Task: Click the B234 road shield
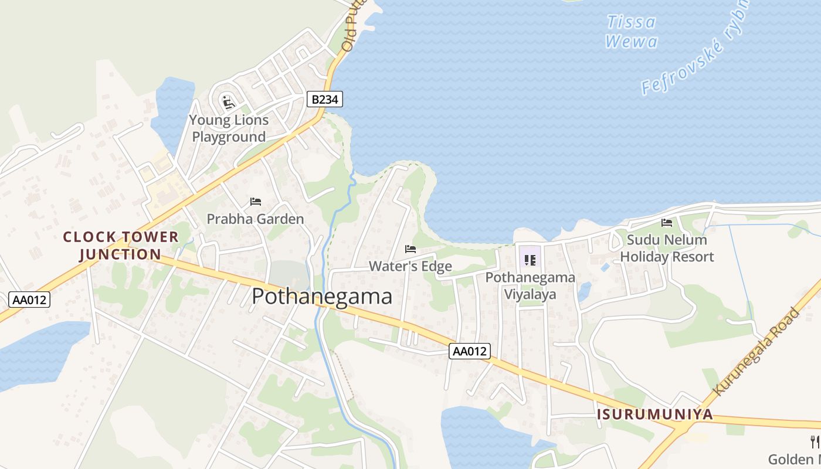click(324, 100)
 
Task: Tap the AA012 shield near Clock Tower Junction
click(30, 300)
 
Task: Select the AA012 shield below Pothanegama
click(470, 351)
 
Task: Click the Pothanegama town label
click(322, 297)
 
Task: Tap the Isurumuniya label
click(654, 414)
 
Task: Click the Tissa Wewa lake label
click(631, 32)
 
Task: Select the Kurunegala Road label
click(756, 351)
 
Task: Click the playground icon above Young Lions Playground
click(228, 103)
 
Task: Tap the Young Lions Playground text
click(229, 128)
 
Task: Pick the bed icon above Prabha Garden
click(255, 202)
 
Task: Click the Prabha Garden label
click(255, 219)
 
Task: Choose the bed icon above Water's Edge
click(410, 249)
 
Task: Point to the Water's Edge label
click(410, 266)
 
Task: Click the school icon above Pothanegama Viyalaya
click(530, 260)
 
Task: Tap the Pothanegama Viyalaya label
click(530, 286)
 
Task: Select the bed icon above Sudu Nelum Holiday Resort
click(667, 223)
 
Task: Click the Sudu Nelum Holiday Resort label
click(667, 248)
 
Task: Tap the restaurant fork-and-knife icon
click(815, 441)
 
